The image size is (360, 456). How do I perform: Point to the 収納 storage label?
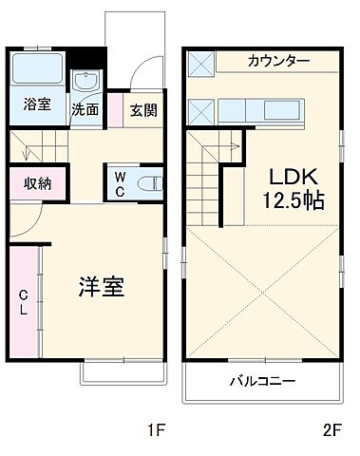click(37, 183)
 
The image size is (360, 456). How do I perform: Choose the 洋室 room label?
click(101, 286)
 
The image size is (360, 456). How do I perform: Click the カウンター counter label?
click(278, 61)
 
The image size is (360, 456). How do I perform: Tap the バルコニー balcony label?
click(261, 382)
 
